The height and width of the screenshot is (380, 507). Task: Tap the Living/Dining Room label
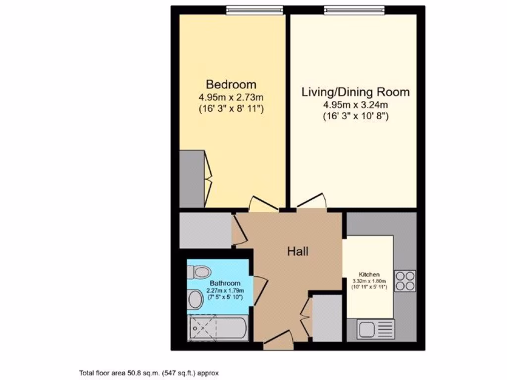[x=356, y=92]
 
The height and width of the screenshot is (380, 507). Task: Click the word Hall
[x=298, y=251]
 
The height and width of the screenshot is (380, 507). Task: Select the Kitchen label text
[x=369, y=274]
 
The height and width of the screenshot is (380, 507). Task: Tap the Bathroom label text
[x=222, y=284]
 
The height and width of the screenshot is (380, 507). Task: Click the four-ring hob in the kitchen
[x=405, y=281]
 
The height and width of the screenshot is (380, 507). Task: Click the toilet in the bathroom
[x=200, y=271]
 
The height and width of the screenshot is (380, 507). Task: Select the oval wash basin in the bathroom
[x=195, y=299]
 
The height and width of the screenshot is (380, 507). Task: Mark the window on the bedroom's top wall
[x=254, y=9]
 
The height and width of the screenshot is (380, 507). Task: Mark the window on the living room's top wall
[x=354, y=9]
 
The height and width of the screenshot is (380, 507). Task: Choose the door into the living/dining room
[x=311, y=201]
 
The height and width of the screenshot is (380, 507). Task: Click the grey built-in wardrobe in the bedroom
[x=191, y=179]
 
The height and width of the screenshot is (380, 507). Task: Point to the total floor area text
[x=149, y=373]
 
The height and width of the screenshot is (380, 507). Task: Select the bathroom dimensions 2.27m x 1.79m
[x=221, y=291]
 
